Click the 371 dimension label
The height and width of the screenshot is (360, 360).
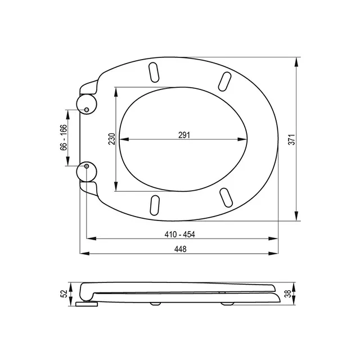pyautogui.click(x=291, y=139)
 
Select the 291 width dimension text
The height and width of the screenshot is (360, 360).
pyautogui.click(x=184, y=135)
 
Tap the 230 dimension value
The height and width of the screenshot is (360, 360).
pyautogui.click(x=111, y=139)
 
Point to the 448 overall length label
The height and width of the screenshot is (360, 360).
pyautogui.click(x=180, y=249)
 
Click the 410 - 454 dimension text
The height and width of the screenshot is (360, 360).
pyautogui.click(x=180, y=235)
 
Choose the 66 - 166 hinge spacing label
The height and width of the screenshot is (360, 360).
pyautogui.click(x=64, y=137)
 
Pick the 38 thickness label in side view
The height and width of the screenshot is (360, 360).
pyautogui.click(x=287, y=294)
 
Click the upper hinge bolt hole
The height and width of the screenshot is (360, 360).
pyautogui.click(x=87, y=110)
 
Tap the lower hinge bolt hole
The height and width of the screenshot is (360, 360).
pyautogui.click(x=87, y=166)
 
